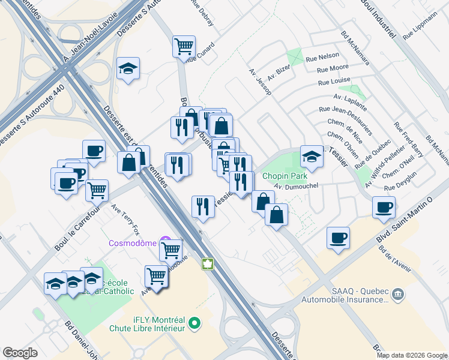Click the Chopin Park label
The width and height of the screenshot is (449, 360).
[x=284, y=176]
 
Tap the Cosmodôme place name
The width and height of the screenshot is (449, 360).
[x=131, y=243]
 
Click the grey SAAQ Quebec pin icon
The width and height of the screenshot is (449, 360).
[x=398, y=295]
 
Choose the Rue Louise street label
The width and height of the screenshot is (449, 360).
[x=334, y=81]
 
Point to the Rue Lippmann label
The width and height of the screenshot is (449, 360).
[x=418, y=28]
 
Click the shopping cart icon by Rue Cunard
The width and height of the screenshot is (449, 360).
[x=184, y=46]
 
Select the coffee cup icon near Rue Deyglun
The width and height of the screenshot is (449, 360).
[x=384, y=207]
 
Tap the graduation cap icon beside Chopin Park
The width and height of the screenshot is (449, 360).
[x=312, y=157]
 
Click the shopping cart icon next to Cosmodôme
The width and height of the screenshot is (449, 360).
[x=170, y=249]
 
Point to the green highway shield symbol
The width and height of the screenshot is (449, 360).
[x=208, y=264]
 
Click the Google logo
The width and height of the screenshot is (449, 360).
[x=20, y=353]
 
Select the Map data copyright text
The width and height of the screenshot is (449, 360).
[x=412, y=355]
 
